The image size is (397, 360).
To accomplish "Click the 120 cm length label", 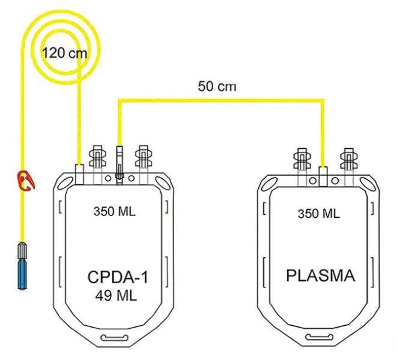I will tap(64, 53).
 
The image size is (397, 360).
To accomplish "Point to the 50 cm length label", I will tap(217, 86).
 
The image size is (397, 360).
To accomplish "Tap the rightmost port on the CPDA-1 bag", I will tap(142, 160).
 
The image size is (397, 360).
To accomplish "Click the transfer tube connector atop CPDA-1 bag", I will tap(119, 162).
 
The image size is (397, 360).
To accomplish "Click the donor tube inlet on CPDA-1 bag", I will tap(80, 170).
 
